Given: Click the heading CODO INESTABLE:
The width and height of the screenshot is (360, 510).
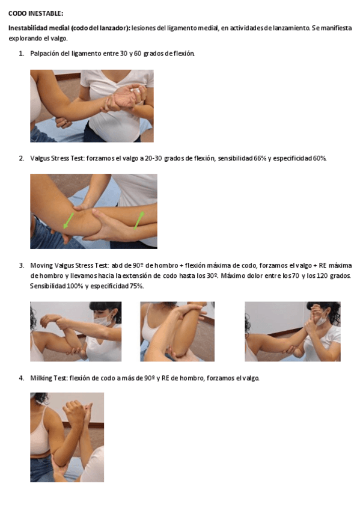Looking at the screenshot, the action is (35, 13).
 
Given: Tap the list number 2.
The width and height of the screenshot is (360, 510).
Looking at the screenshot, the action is (21, 158).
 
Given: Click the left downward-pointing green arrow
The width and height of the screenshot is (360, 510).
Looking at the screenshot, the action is (69, 221).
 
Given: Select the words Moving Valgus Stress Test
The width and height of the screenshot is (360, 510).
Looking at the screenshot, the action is (69, 265).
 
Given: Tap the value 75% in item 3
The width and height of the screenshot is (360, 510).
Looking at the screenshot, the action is (136, 286).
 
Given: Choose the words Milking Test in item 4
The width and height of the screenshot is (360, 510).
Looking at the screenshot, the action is (49, 378).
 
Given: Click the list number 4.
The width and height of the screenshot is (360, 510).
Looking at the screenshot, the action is (21, 378).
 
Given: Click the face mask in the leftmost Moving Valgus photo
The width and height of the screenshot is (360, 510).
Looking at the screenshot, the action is (103, 319).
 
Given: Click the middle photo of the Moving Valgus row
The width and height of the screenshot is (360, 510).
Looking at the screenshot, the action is (177, 331).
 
